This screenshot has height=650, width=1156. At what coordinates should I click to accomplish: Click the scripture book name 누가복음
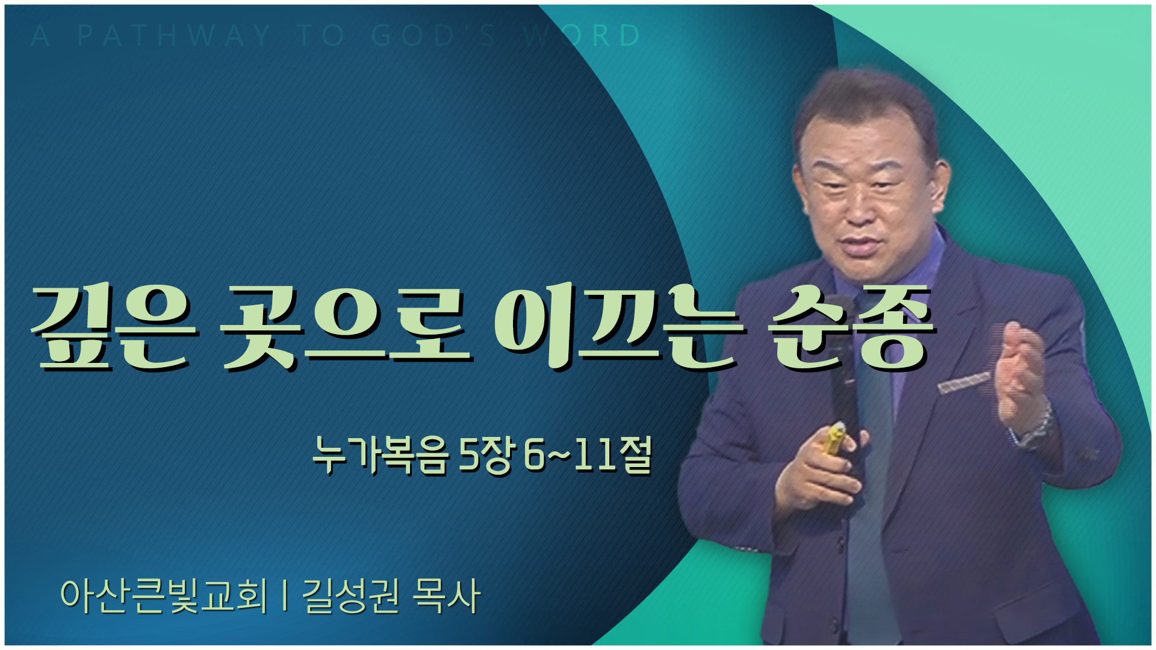[x=381, y=455]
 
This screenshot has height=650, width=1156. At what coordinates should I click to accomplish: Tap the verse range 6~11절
[x=588, y=455]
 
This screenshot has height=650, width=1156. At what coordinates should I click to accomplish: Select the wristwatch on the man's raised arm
[x=1037, y=425]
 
